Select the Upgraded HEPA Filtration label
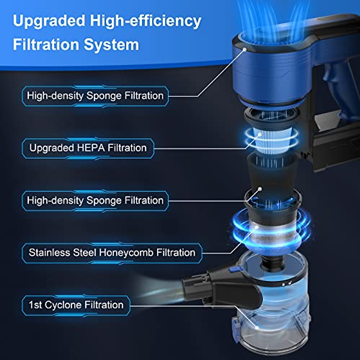coord(88,148)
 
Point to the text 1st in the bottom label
coord(35,305)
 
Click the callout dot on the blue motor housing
coord(245,49)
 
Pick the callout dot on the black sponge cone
coord(260,189)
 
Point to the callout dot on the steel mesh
coord(257,227)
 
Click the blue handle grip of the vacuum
coord(336,90)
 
